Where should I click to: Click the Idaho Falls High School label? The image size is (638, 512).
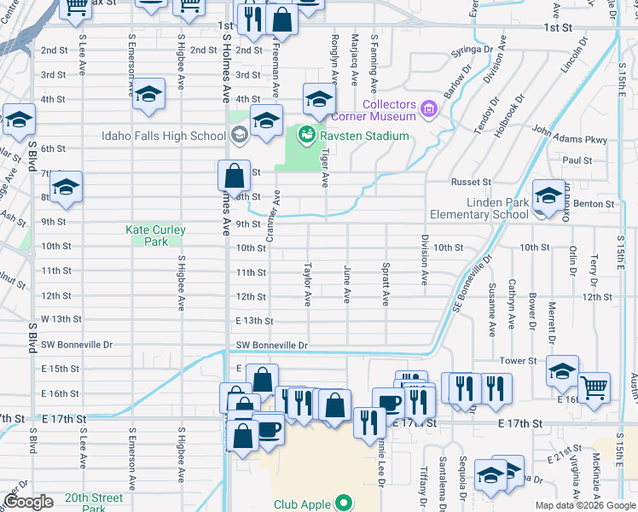click(163, 136)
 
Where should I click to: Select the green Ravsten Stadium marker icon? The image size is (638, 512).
click(303, 135)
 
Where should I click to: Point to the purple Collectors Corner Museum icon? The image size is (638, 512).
click(427, 109)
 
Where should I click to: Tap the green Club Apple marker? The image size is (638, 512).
click(344, 503)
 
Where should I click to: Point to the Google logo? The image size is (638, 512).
click(28, 502)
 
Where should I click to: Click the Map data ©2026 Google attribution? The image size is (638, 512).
click(585, 505)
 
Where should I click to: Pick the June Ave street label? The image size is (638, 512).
click(347, 284)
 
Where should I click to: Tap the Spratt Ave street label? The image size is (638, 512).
click(386, 286)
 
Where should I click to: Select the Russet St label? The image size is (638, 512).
click(471, 182)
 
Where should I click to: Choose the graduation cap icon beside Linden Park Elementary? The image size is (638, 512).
click(548, 196)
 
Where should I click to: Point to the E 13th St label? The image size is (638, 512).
click(255, 321)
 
